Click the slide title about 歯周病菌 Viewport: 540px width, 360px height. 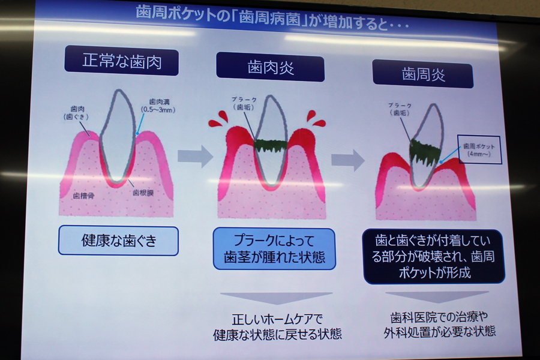(272, 18)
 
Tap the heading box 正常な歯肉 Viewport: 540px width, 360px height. (122, 61)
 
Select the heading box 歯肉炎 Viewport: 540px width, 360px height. (271, 67)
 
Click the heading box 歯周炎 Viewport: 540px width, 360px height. (423, 74)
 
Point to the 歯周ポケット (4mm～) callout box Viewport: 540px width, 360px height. (479, 149)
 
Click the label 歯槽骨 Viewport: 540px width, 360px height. (83, 196)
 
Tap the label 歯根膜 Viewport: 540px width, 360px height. (143, 193)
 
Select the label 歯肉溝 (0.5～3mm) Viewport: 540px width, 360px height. (158, 106)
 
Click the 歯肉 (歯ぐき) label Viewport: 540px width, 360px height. (76, 113)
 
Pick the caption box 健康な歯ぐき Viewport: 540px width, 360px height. (118, 241)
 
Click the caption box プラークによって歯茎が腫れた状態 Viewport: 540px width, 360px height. (274, 248)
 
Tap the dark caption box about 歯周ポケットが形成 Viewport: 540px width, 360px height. (434, 256)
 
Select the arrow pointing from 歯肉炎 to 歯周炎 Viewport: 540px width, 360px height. (348, 160)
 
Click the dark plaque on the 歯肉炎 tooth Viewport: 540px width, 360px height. (271, 145)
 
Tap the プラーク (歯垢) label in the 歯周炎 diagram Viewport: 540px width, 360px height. (400, 109)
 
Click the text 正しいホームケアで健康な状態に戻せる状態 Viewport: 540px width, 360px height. (277, 326)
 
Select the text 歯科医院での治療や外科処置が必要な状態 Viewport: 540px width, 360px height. (439, 324)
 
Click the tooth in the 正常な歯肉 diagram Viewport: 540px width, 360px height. (118, 136)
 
